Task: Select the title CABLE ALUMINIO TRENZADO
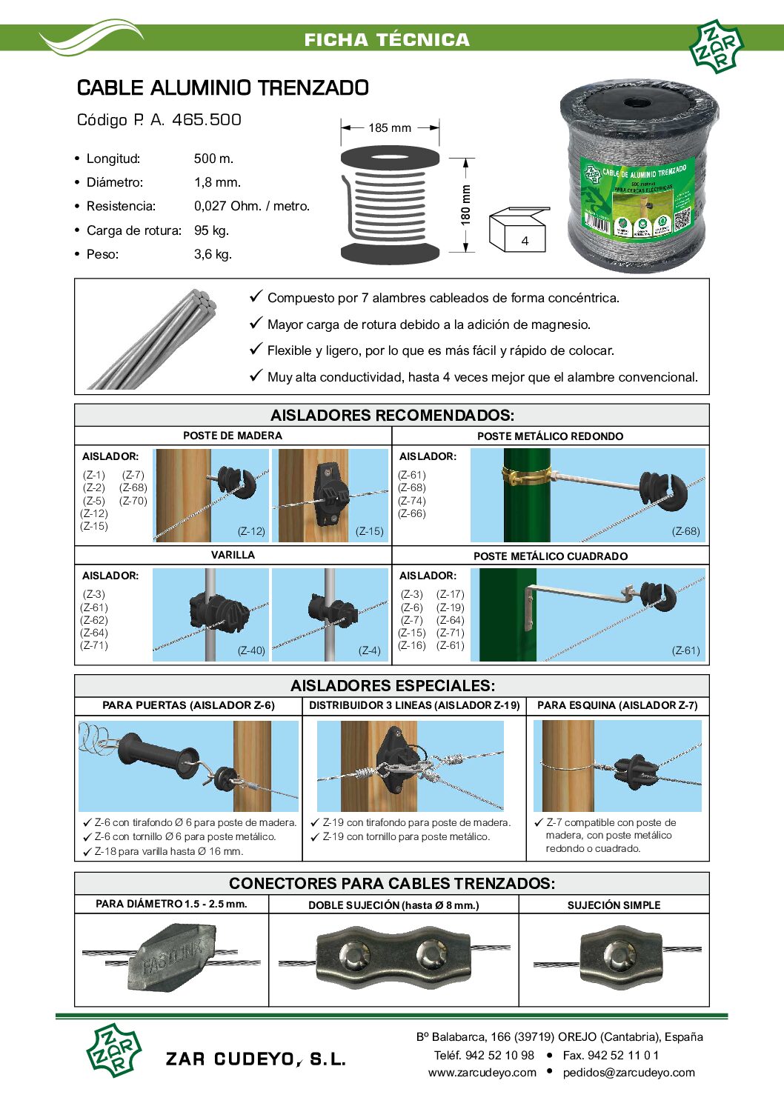[223, 88]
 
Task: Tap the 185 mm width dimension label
[390, 127]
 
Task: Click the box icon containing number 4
[518, 230]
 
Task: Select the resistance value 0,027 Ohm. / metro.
[252, 206]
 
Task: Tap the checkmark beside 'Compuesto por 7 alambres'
[256, 296]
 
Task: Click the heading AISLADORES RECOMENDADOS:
[392, 415]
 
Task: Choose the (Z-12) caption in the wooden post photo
[251, 531]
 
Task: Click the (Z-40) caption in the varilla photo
[251, 650]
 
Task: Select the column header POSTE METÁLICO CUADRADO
[551, 556]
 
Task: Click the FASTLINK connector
[172, 957]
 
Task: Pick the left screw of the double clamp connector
[353, 953]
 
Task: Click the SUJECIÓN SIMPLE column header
[614, 905]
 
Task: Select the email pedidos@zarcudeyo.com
[629, 1073]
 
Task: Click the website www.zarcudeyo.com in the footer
[482, 1073]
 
